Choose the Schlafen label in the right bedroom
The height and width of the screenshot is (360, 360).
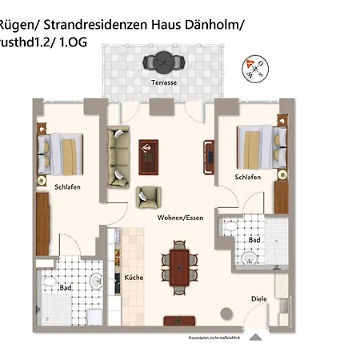pyautogui.click(x=249, y=177)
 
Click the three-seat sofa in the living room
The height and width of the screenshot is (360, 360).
pyautogui.click(x=118, y=154)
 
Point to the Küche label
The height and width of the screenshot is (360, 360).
pyautogui.click(x=133, y=278)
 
